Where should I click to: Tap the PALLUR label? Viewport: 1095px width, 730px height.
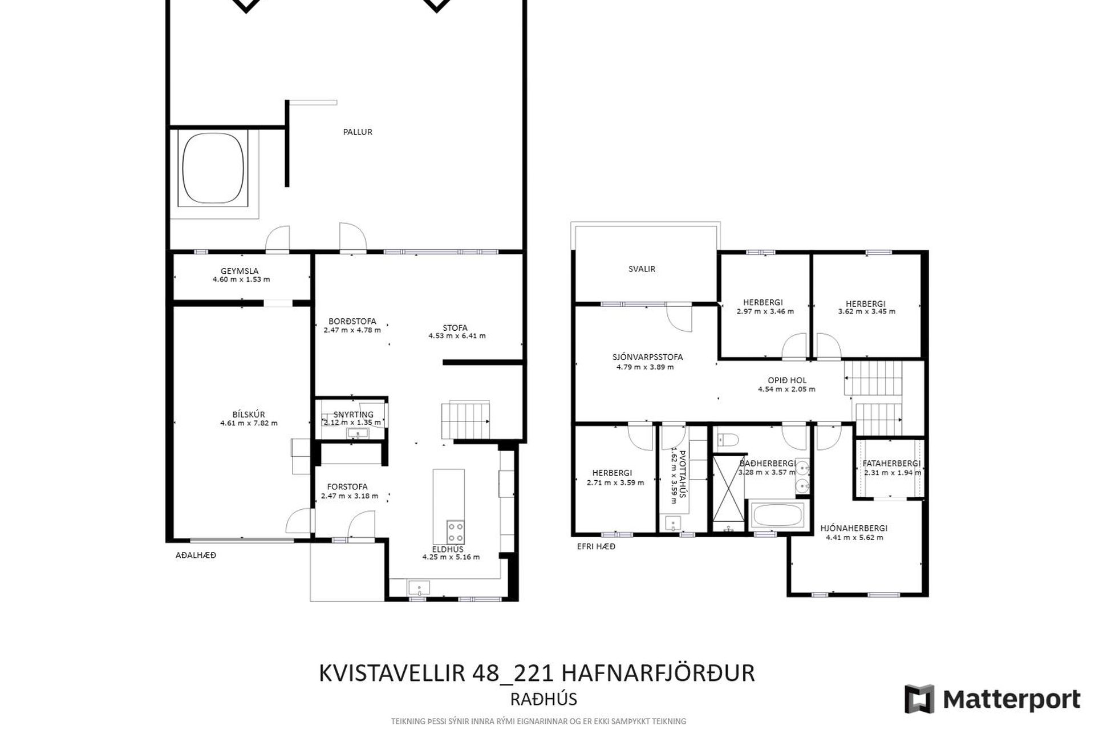358,132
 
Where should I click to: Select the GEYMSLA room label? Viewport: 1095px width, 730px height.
240,271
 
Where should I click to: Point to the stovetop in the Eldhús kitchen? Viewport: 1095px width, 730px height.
455,532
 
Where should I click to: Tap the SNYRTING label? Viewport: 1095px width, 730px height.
354,415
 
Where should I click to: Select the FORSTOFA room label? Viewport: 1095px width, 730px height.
347,487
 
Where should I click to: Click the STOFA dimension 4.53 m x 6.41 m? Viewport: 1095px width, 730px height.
457,336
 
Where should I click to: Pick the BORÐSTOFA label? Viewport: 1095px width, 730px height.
352,322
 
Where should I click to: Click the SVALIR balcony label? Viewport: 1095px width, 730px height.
642,269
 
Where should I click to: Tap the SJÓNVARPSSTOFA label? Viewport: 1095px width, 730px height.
648,357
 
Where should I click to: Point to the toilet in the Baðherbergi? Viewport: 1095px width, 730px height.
727,439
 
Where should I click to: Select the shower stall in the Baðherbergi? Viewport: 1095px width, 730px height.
728,488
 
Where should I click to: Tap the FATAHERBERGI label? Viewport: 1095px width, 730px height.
891,464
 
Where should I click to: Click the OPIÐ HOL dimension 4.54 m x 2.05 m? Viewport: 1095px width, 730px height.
786,390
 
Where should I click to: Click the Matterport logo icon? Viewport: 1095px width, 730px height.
919,699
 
